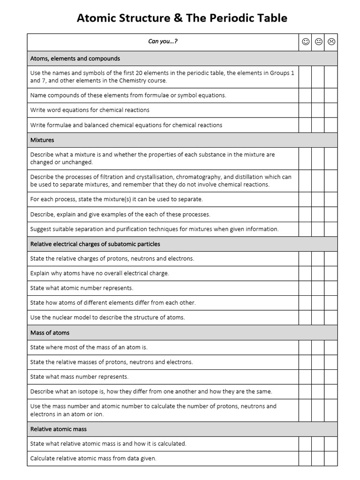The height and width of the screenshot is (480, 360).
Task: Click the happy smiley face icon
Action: (x=306, y=42)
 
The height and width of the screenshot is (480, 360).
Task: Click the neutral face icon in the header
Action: (x=318, y=42)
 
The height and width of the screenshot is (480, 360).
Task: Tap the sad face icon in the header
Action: (x=331, y=42)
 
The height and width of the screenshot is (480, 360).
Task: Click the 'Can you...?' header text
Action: (x=163, y=41)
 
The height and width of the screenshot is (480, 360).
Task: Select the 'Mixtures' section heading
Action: (x=42, y=140)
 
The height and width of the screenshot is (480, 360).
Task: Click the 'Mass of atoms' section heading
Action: (x=50, y=332)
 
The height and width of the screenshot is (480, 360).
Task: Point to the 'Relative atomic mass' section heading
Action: (x=59, y=429)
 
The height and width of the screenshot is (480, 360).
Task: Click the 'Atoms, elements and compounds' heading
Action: (x=75, y=59)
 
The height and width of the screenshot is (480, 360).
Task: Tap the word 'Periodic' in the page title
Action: (x=235, y=18)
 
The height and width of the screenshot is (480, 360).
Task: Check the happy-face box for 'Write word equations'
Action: (x=305, y=110)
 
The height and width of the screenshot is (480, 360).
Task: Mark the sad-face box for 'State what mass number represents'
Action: (x=331, y=377)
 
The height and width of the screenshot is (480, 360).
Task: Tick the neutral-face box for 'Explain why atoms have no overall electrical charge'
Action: (x=318, y=273)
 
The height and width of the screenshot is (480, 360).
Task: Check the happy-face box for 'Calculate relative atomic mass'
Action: (x=305, y=458)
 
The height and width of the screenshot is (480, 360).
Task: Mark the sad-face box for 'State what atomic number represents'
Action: (x=331, y=288)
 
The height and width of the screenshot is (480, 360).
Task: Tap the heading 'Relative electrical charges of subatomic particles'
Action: (x=95, y=244)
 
